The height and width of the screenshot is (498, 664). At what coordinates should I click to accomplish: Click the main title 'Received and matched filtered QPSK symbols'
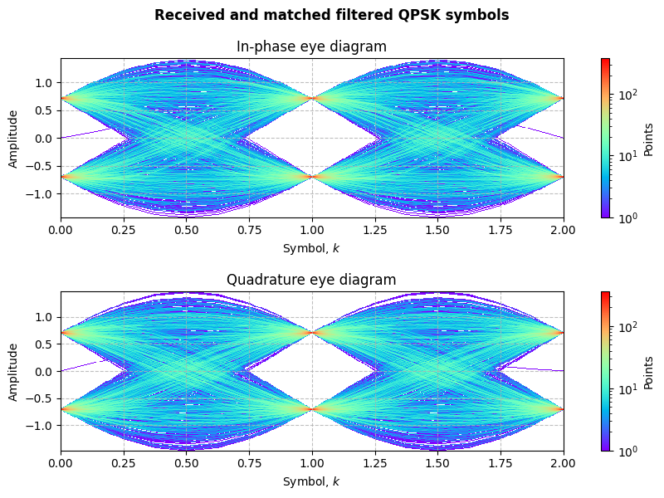click(331, 15)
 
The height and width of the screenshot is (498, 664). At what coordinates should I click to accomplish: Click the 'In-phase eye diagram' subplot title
click(311, 46)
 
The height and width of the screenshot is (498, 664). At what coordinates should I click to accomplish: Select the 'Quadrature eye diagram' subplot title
click(311, 280)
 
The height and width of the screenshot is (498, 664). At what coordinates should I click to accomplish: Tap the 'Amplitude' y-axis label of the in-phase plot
click(13, 138)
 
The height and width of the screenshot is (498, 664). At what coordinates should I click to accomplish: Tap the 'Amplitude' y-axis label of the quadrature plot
click(13, 372)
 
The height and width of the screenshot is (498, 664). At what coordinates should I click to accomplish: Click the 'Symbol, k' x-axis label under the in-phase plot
click(311, 248)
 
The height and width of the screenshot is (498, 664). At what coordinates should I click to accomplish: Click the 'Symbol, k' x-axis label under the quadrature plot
click(311, 481)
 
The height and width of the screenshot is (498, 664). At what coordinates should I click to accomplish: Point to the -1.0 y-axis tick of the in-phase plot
click(42, 193)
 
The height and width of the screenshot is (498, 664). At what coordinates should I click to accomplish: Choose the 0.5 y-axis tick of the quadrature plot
click(46, 344)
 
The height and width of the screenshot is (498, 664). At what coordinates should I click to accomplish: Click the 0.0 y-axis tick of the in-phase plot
click(46, 138)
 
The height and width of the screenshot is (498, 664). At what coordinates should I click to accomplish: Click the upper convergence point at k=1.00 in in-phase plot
click(312, 99)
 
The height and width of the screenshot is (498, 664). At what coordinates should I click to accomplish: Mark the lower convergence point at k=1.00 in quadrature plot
click(312, 409)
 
